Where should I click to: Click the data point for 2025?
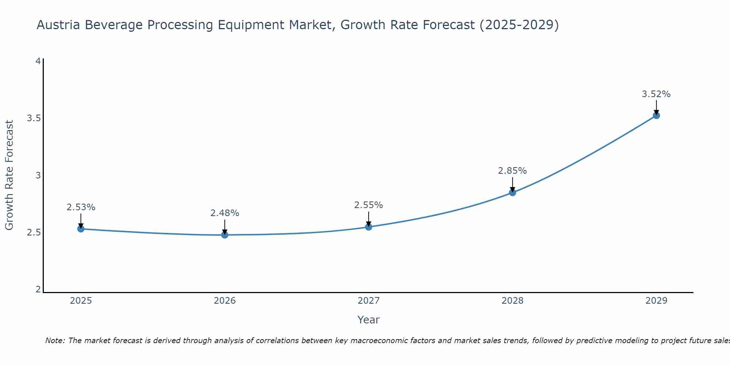coord(81,229)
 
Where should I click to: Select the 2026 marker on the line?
coord(225,235)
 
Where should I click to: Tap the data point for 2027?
coord(369,227)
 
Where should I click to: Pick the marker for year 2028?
coord(512,192)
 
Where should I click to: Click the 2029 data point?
coord(656,115)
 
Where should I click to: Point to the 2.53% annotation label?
coord(81,207)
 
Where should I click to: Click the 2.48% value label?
coord(225,213)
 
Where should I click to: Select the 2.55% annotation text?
coord(369,205)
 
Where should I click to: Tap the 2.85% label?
coord(512,171)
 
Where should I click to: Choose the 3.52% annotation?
coord(656,94)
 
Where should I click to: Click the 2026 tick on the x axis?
coord(225,301)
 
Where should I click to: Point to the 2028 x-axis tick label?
coord(512,301)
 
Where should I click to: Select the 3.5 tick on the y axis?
coord(34,118)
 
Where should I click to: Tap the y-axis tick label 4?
coord(38,61)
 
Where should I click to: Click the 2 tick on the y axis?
coord(38,289)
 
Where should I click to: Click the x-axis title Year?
coord(369,320)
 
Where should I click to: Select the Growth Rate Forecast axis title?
coord(9,175)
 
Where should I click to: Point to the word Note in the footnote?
coord(55,341)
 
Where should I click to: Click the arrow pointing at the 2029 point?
coord(656,107)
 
